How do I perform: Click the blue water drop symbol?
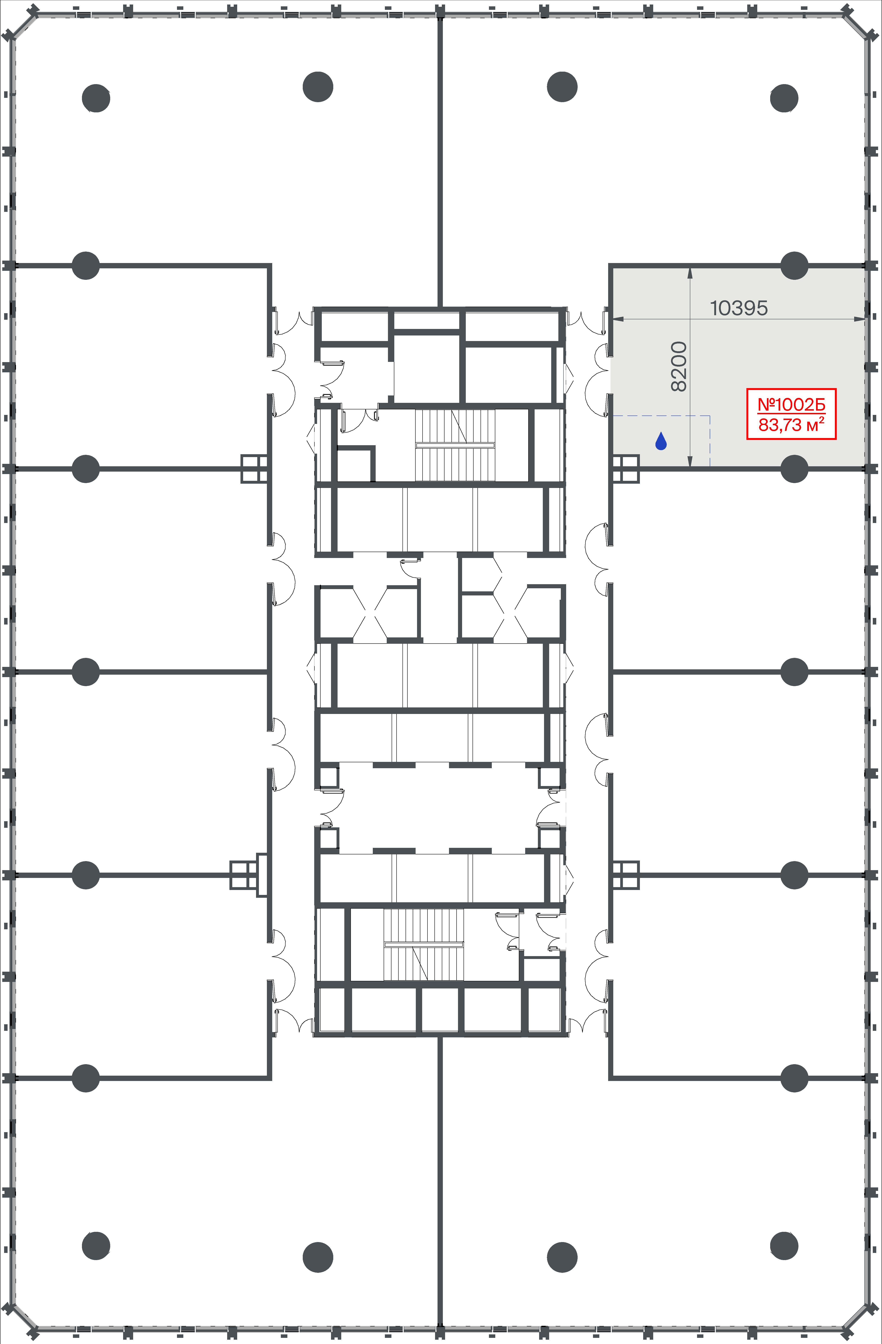(x=661, y=441)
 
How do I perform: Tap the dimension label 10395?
(x=738, y=308)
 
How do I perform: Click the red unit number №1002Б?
(x=791, y=404)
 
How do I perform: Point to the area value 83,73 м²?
(x=791, y=424)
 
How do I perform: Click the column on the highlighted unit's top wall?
(x=794, y=265)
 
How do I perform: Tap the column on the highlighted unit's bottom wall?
(x=794, y=469)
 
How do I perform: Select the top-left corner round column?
(x=96, y=98)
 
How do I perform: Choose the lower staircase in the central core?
(x=424, y=944)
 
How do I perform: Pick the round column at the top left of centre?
(x=317, y=87)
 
